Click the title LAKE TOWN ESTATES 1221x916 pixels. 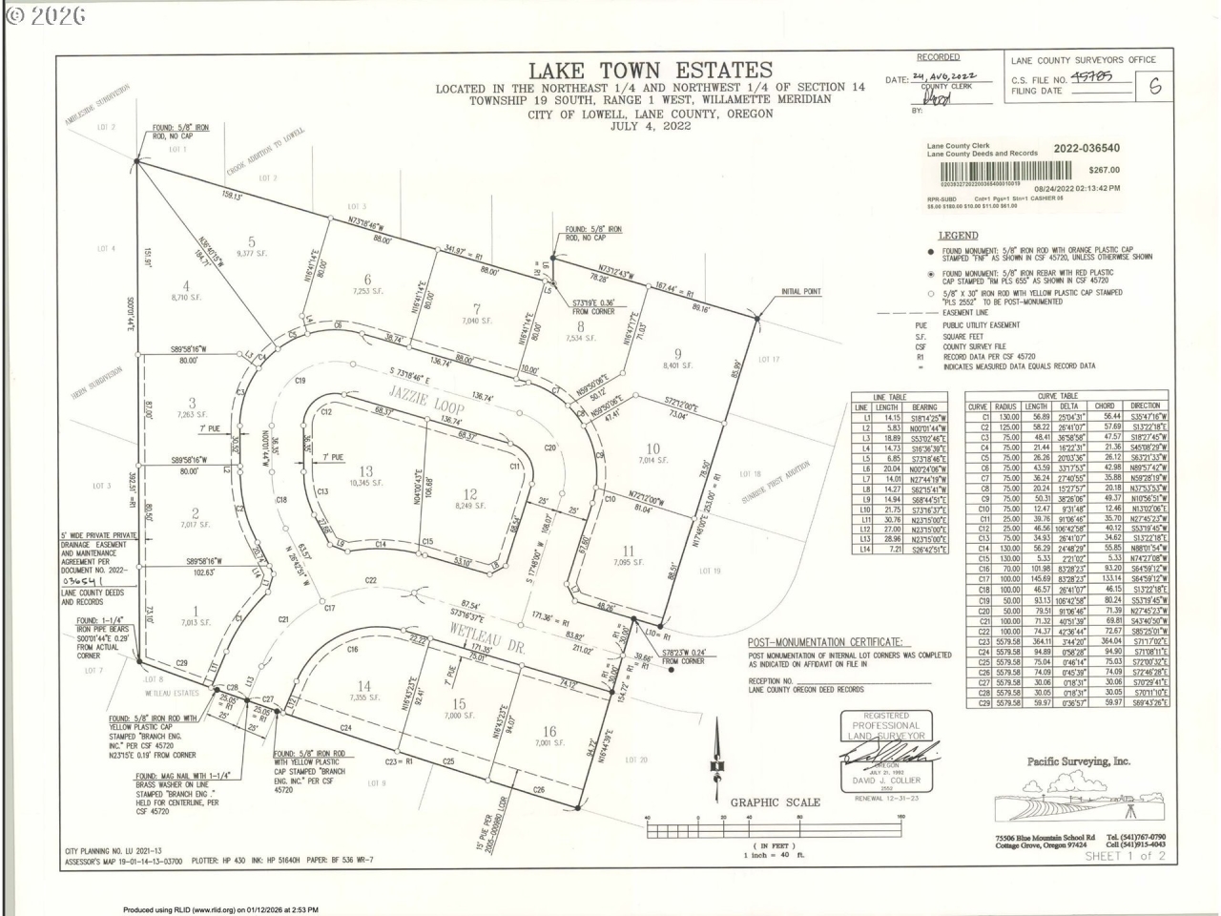click(x=651, y=70)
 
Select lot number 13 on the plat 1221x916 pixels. click(x=366, y=471)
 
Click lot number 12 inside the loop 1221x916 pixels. click(x=469, y=492)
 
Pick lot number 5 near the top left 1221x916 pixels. click(x=251, y=241)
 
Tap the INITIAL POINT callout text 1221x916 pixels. click(x=800, y=292)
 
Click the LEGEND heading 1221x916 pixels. click(x=958, y=235)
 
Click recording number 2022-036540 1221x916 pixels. click(x=1086, y=148)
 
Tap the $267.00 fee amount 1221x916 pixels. click(x=1106, y=170)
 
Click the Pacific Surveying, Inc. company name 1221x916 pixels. click(x=1078, y=760)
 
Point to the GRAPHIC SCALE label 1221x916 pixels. click(x=775, y=802)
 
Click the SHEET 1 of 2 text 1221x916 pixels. click(x=1126, y=855)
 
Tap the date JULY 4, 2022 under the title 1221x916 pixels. click(x=651, y=125)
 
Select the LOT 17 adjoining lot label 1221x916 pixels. click(x=769, y=360)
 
